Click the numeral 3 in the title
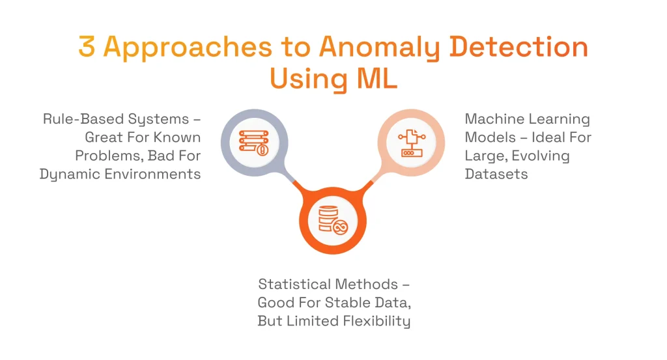pos(88,48)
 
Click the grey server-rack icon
pos(253,142)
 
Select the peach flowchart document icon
pos(412,142)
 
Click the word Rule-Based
pos(79,120)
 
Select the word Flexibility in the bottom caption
pos(378,321)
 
